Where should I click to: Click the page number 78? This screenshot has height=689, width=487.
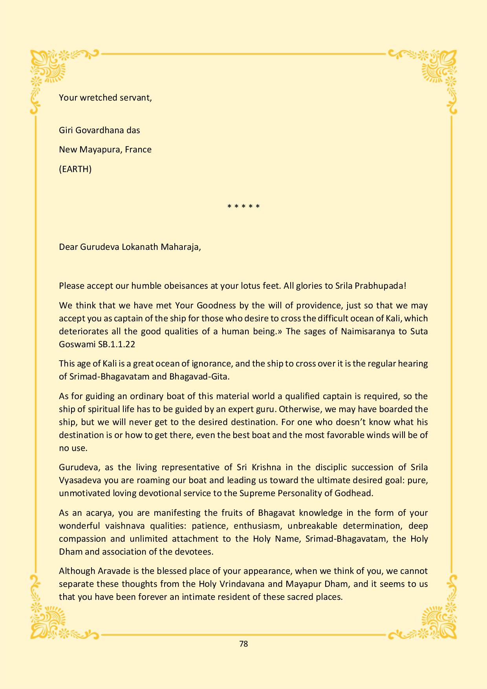[x=243, y=644]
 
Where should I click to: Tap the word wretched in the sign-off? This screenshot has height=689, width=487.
[x=96, y=97]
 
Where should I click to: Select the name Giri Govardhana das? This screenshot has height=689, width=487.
[x=99, y=130]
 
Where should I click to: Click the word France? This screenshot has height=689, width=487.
[x=138, y=150]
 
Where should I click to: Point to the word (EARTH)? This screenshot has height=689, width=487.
[x=75, y=169]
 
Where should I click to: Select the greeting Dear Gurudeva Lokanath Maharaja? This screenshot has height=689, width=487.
[x=130, y=247]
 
